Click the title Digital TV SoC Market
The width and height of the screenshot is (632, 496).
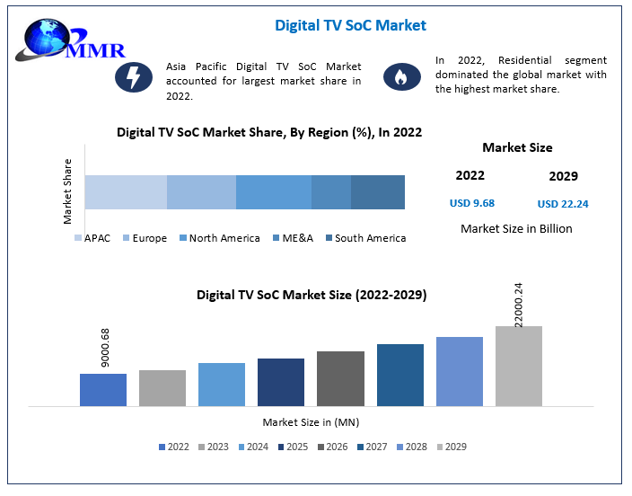tap(350, 25)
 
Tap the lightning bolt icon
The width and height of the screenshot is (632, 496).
tap(133, 77)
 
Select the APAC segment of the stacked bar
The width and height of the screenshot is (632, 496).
tap(126, 192)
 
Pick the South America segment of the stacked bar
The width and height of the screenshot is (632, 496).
tap(378, 192)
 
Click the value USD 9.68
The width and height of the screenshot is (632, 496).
tap(472, 203)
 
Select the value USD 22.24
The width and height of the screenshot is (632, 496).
tap(563, 204)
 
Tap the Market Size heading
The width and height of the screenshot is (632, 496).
tap(517, 147)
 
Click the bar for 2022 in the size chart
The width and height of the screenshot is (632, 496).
tap(103, 389)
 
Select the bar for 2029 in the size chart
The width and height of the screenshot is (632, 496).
tap(519, 366)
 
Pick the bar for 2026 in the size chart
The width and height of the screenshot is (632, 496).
tap(340, 378)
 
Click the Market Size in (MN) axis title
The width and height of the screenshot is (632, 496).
tap(311, 421)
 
